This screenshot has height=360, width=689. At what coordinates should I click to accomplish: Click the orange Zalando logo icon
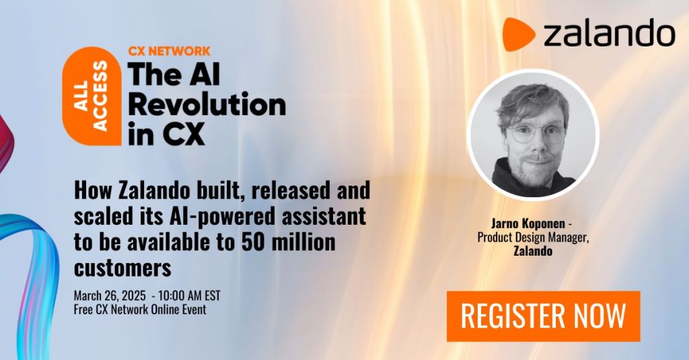coord(517,34)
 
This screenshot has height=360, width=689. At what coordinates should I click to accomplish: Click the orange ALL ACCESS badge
coord(92,96)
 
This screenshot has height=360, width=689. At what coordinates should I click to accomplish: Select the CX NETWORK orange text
coord(169,51)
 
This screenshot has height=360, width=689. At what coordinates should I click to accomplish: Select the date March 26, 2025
coord(110,295)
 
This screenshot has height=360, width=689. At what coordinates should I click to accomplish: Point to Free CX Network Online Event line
coord(140,310)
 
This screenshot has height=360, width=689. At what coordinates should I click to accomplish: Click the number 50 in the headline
coord(254,242)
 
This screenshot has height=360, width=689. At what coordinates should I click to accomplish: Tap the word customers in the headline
coord(122,268)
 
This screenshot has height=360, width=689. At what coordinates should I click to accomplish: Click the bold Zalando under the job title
coord(533,252)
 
